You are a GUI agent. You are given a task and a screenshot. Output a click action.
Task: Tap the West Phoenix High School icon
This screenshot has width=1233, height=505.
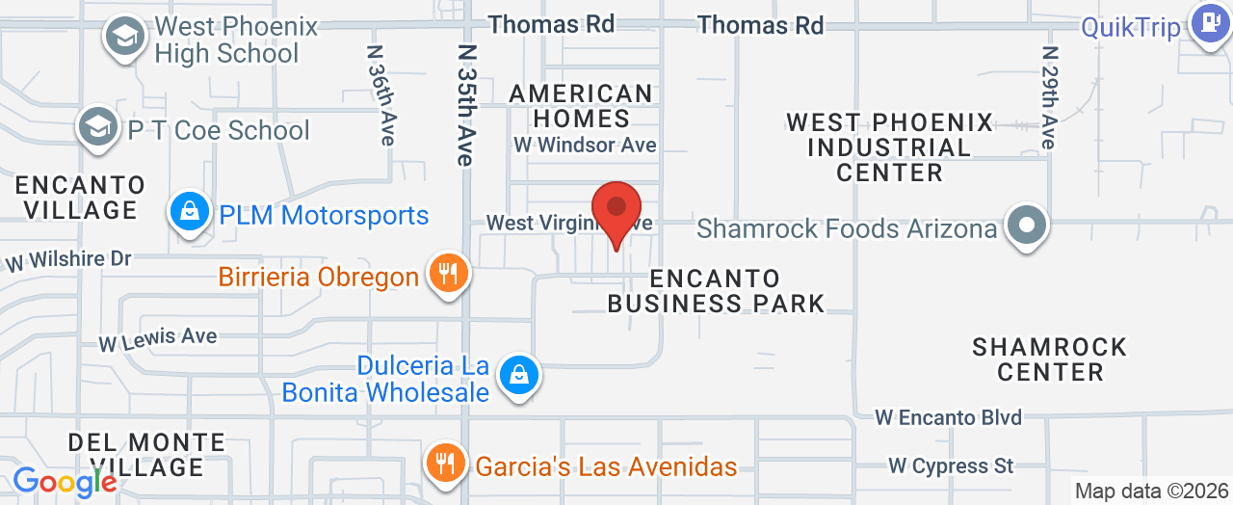[x=124, y=37]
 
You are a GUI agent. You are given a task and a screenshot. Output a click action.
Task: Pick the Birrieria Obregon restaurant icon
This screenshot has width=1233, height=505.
[x=448, y=274]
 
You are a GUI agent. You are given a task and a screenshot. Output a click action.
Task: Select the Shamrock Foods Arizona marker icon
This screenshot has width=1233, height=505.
[x=1027, y=226]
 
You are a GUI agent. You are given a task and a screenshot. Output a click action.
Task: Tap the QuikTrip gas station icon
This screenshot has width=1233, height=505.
[x=1209, y=23]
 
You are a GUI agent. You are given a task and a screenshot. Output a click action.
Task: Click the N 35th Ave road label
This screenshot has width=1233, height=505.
[x=466, y=104]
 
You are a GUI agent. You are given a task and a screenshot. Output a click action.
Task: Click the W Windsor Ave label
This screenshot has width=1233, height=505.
[x=585, y=146]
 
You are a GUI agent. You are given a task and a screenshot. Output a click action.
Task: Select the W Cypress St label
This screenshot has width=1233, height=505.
[x=951, y=465]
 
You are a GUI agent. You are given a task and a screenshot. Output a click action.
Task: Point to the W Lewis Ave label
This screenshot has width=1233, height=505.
[x=158, y=338]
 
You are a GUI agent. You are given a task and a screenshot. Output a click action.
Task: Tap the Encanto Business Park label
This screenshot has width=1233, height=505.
[x=716, y=291]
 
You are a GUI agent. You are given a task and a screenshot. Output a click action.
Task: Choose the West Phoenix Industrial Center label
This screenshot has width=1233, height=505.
[x=889, y=147]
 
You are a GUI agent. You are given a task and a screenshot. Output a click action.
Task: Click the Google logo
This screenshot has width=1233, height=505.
[x=65, y=482]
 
